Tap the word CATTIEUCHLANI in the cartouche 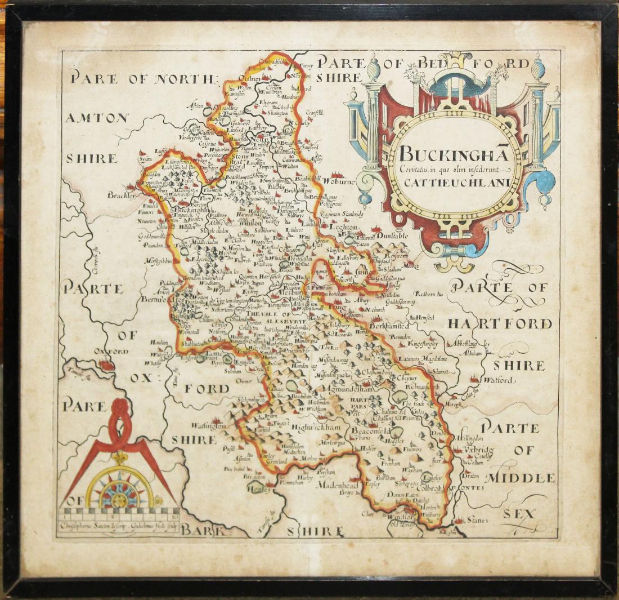pos(455,182)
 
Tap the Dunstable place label pos(392,235)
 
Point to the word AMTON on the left pos(97,118)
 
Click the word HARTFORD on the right pos(500,323)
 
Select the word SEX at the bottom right pos(518,514)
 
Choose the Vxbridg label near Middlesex pos(478,450)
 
